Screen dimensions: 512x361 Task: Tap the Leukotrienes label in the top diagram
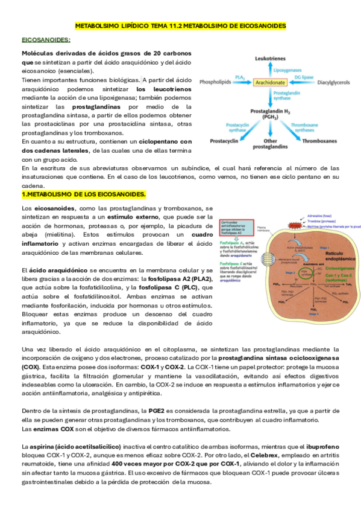click(x=271, y=59)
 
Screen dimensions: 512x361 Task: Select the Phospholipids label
click(x=216, y=82)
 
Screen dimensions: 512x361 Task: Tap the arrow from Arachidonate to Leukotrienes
click(x=271, y=69)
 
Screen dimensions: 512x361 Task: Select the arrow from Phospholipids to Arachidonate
click(x=242, y=82)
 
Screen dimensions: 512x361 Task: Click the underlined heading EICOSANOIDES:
click(x=46, y=40)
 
